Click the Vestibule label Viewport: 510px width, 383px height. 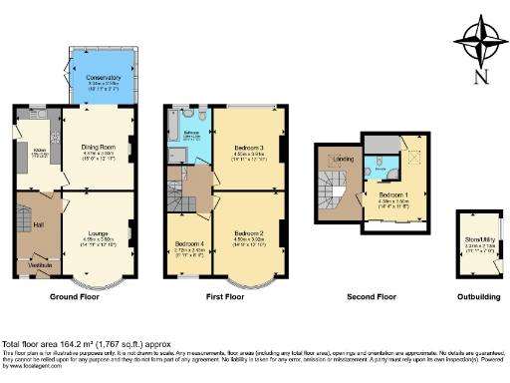click(40, 264)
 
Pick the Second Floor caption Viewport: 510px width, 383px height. click(373, 297)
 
